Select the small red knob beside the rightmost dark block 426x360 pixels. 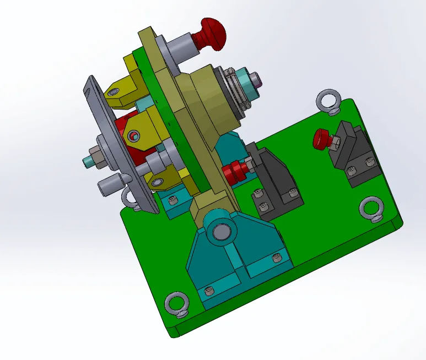click(x=320, y=139)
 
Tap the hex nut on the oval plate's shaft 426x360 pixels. click(x=98, y=156)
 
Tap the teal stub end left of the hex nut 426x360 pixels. click(x=87, y=162)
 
